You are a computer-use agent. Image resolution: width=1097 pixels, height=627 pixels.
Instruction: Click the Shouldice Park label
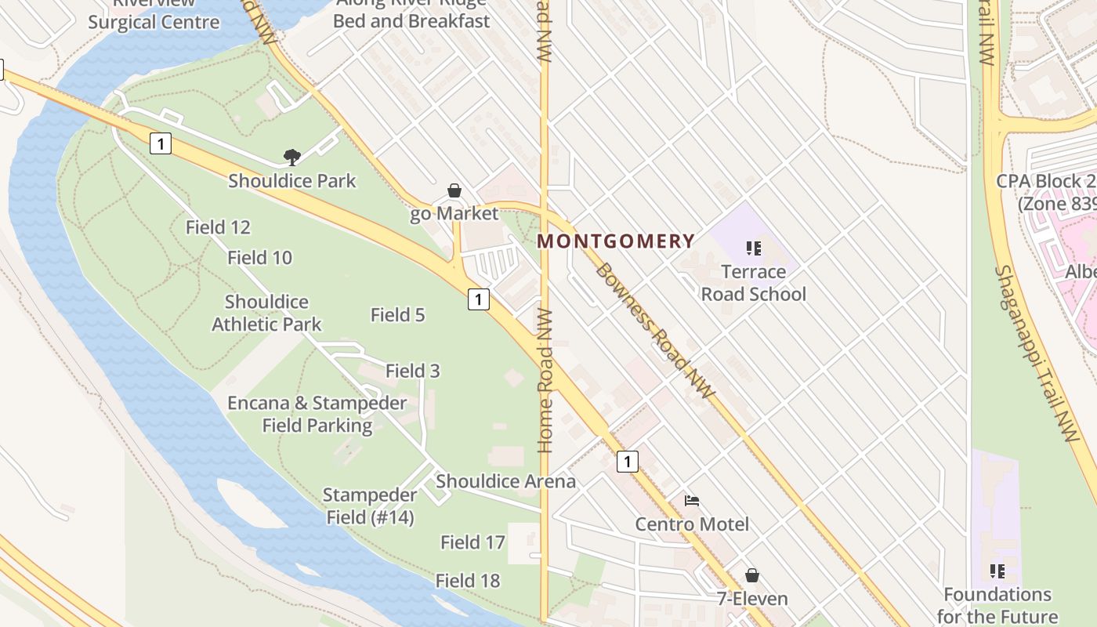[x=292, y=181]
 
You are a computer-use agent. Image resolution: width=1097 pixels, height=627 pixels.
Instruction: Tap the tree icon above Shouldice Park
[x=292, y=158]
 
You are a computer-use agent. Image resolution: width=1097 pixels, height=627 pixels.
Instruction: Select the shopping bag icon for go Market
[x=454, y=190]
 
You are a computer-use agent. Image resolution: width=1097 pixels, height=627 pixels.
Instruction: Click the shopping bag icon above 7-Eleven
[x=752, y=576]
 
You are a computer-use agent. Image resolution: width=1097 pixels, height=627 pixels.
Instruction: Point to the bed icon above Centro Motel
[x=692, y=501]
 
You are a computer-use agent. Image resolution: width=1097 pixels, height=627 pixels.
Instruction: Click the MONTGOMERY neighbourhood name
[x=616, y=241]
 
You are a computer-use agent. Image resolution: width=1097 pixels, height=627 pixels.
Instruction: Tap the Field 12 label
[x=218, y=228]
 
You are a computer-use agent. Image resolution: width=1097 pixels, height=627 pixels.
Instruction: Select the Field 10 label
[x=259, y=258]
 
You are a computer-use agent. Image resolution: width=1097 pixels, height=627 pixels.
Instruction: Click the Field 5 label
[x=397, y=315]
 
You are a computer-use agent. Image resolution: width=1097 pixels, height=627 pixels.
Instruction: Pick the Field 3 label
[x=412, y=371]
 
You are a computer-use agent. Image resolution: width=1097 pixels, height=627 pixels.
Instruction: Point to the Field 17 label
[x=472, y=542]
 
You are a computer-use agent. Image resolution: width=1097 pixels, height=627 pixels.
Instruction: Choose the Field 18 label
[x=468, y=581]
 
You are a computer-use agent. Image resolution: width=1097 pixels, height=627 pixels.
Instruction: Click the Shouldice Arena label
[x=505, y=481]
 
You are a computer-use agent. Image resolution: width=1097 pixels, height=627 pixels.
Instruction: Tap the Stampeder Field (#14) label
[x=369, y=506]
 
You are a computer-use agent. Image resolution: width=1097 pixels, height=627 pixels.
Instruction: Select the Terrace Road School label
[x=753, y=283]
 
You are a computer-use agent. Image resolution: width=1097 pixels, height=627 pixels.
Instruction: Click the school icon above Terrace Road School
[x=754, y=249]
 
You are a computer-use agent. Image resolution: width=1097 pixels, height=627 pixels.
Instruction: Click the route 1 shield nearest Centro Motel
[x=627, y=462]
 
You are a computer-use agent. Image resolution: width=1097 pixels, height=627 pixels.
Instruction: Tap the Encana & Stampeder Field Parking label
[x=317, y=415]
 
